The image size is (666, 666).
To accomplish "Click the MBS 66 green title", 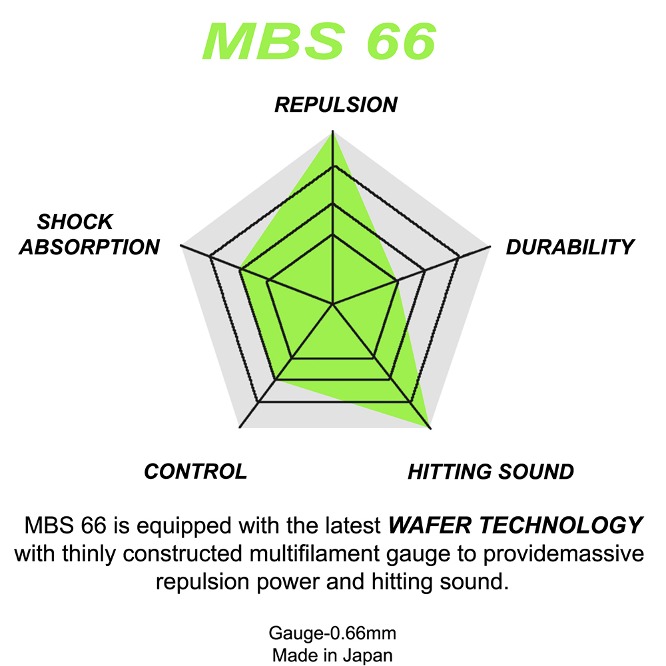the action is click(x=320, y=41).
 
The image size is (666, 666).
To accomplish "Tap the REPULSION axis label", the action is click(x=336, y=105).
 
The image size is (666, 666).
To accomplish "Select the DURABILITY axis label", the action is click(x=570, y=247).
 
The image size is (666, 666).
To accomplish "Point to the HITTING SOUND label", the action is click(x=491, y=472).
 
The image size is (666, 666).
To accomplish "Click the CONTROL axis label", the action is click(x=195, y=471).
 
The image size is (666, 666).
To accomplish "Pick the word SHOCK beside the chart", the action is click(x=75, y=222).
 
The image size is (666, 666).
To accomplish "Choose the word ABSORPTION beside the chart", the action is click(x=89, y=247).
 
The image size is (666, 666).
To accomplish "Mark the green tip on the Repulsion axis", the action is click(x=332, y=132).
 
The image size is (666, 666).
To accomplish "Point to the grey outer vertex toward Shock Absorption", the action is click(x=181, y=246).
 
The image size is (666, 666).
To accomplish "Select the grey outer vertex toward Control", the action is click(x=240, y=428).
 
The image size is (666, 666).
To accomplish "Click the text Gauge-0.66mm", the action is click(x=332, y=633).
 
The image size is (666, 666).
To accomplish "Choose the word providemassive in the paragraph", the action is click(x=563, y=554).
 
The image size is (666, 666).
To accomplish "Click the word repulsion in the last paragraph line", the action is click(x=202, y=582).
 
